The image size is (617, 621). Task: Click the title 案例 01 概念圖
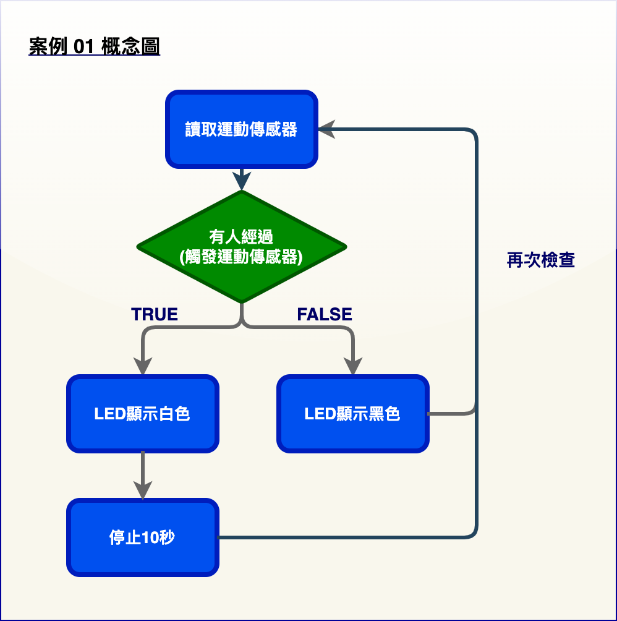(94, 46)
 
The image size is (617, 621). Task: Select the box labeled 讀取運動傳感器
(241, 129)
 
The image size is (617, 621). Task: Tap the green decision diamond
(241, 247)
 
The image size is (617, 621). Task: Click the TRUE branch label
(155, 314)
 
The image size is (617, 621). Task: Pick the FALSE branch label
(325, 314)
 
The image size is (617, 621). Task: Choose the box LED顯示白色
(142, 413)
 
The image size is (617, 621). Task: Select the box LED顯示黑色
(352, 413)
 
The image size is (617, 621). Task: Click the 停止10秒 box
(142, 537)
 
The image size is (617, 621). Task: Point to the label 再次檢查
(540, 260)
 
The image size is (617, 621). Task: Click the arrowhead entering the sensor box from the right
(327, 129)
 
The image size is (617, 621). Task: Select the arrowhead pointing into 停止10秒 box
(142, 490)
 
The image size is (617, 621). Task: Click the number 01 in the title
(84, 46)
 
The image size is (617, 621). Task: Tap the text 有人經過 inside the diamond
(241, 237)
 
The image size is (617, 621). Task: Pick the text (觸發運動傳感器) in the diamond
(241, 257)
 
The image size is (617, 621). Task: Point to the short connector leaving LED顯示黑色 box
(451, 413)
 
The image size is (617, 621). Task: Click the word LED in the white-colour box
(110, 414)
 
